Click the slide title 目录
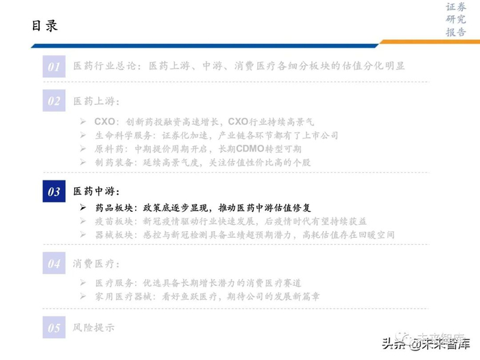click(45, 26)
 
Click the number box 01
click(54, 67)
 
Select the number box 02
click(54, 101)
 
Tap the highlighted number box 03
click(54, 191)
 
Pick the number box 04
click(54, 263)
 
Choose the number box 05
click(54, 328)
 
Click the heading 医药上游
click(97, 101)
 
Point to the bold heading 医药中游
click(97, 191)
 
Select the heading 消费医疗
click(97, 263)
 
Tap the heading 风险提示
click(94, 328)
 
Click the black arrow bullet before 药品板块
click(83, 207)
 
